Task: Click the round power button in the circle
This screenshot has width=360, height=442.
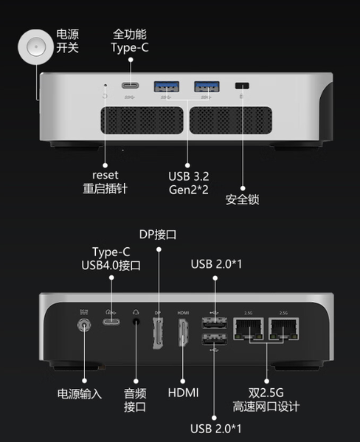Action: click(36, 46)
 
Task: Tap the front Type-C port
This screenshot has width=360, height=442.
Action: click(130, 86)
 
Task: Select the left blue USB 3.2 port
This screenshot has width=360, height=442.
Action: click(166, 86)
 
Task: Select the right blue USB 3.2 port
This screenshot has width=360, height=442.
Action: click(207, 86)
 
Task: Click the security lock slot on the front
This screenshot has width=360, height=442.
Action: click(242, 86)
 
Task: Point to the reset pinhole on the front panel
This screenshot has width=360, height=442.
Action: click(105, 85)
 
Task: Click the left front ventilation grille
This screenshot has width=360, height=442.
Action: click(142, 120)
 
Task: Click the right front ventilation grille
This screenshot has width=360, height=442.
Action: click(231, 120)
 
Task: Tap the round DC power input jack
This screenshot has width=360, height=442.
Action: click(84, 325)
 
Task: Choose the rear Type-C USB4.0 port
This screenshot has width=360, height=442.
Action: click(111, 322)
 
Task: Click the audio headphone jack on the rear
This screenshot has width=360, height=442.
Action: click(136, 322)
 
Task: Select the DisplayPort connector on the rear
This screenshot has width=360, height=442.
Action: click(158, 333)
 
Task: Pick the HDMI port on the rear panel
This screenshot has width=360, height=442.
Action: click(183, 332)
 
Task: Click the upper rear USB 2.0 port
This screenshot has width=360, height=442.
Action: click(214, 323)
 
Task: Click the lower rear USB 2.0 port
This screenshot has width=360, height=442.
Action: click(214, 339)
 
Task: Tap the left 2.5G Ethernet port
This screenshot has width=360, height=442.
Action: click(249, 328)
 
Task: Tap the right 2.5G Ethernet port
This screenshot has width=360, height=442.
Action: click(283, 328)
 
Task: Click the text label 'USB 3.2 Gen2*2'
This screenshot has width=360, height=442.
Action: click(189, 183)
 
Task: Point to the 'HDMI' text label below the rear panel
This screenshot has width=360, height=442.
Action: click(183, 393)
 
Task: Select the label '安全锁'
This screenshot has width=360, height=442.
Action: click(243, 199)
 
